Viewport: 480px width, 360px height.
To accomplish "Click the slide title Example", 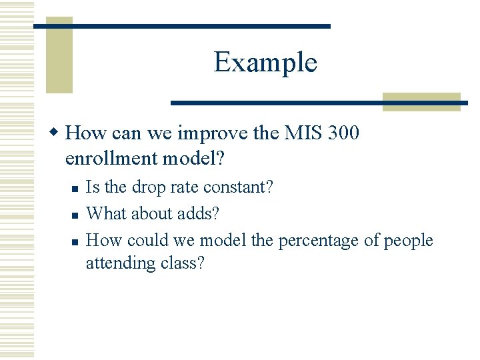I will pyautogui.click(x=265, y=63).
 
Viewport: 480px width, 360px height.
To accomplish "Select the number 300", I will pyautogui.click(x=343, y=133).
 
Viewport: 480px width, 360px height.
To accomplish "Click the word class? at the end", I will pyautogui.click(x=183, y=263).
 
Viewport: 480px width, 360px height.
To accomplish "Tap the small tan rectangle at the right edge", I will pyautogui.click(x=421, y=101).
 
